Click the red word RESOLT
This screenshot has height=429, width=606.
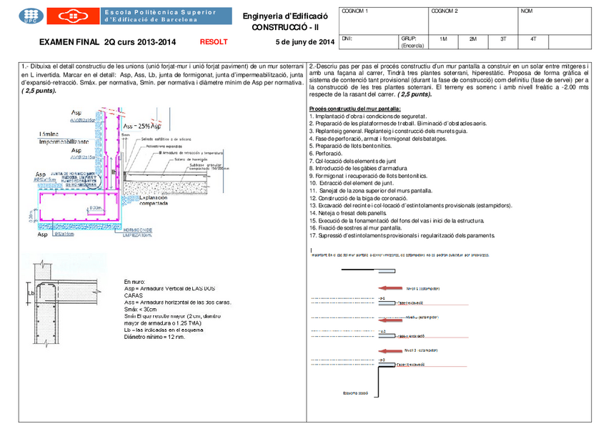[214, 42]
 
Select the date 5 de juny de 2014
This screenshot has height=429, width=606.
[299, 42]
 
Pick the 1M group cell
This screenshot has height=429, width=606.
[443, 39]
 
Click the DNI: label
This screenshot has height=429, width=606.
[348, 39]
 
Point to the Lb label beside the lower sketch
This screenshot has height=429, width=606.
[30, 292]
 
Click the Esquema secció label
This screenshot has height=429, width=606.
[355, 392]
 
